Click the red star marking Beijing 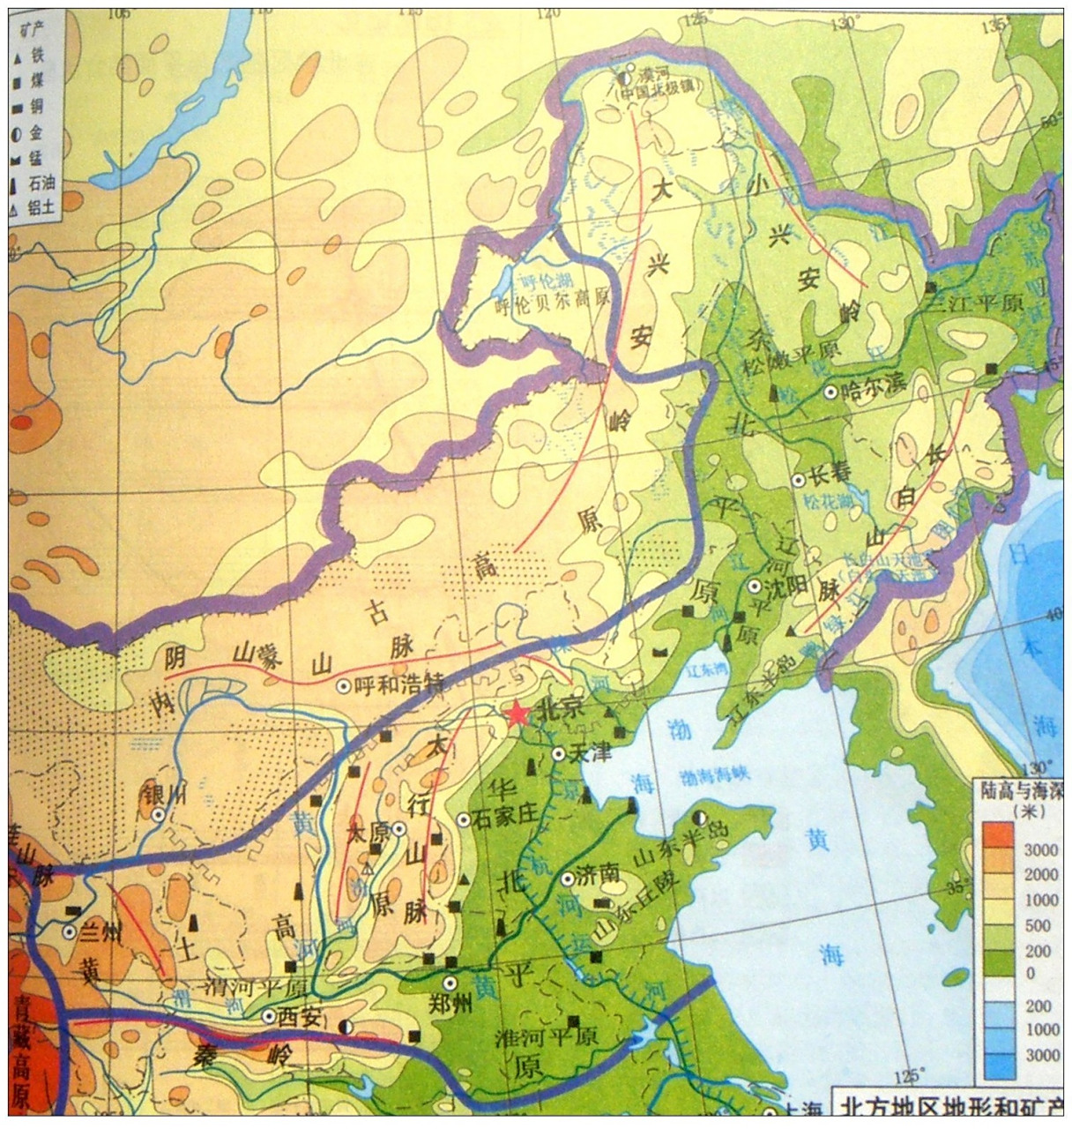(517, 714)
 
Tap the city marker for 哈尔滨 (830, 391)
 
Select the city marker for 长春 (798, 481)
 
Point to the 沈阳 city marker (755, 586)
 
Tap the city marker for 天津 (559, 754)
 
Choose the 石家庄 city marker (464, 819)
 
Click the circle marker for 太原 (398, 828)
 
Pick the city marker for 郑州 (450, 983)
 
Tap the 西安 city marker (269, 1016)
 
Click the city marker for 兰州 (69, 931)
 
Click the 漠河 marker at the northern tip (625, 77)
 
